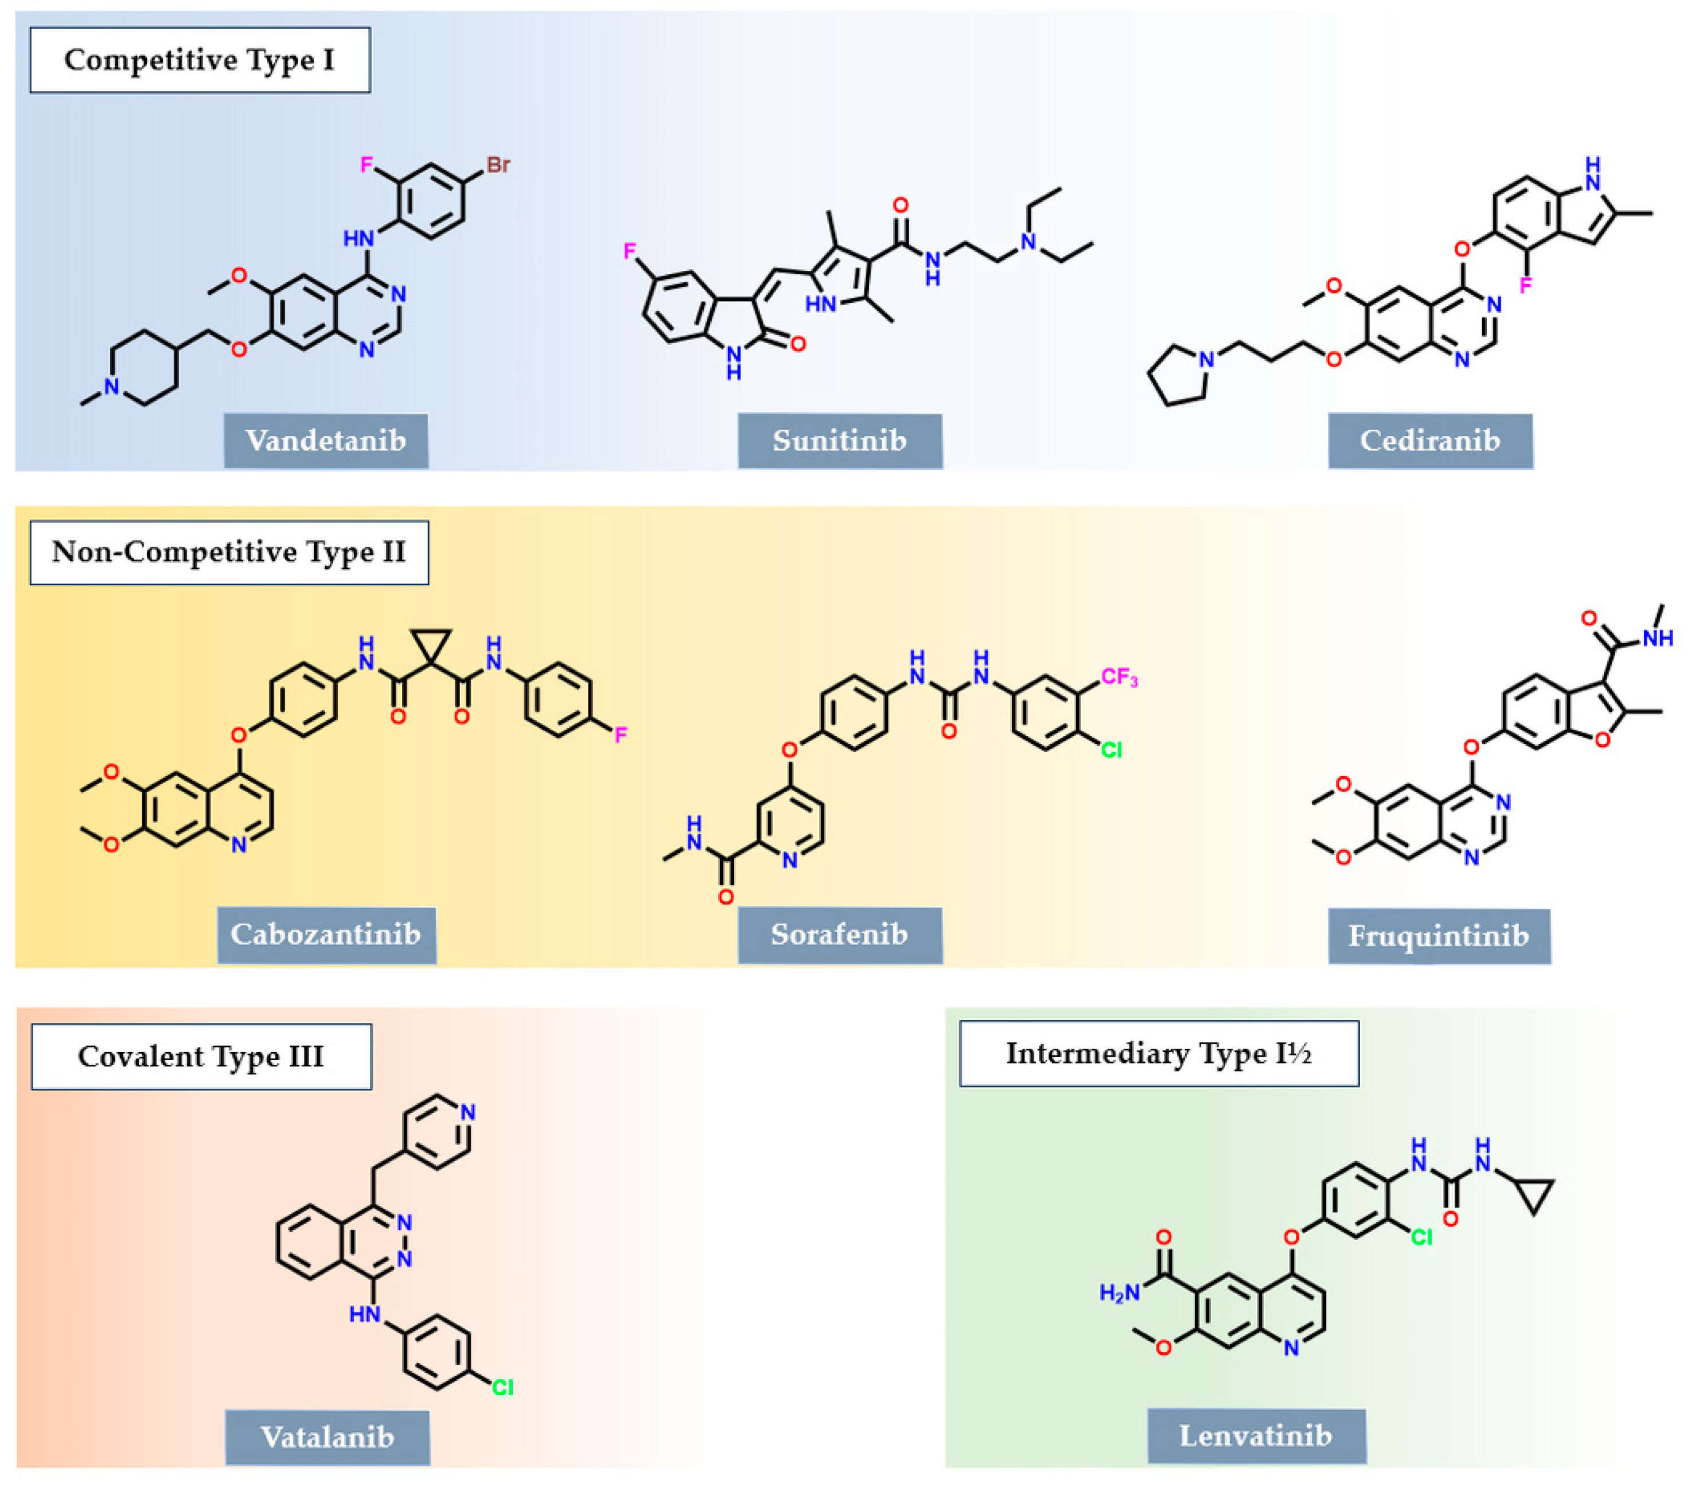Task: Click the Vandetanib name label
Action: coord(326,441)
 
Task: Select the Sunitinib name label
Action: coord(839,441)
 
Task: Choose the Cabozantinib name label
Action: coord(326,935)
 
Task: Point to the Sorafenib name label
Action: coord(839,935)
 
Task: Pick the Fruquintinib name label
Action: coord(1438,936)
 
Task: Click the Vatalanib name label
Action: coord(327,1437)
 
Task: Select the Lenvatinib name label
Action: coord(1256,1435)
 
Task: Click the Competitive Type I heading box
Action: coord(200,60)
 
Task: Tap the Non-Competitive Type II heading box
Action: coord(229,552)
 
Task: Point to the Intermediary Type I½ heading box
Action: coord(1159,1053)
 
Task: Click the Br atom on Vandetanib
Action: coord(497,165)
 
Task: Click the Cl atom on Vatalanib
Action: coord(502,1388)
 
